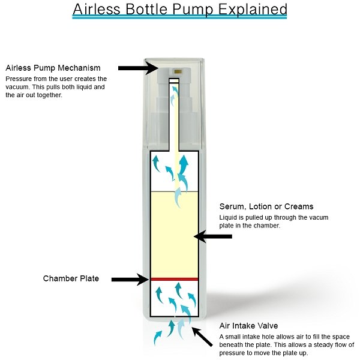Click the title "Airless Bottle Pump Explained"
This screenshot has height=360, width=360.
180,9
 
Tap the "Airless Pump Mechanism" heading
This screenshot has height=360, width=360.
53,68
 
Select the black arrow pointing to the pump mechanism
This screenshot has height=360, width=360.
138,68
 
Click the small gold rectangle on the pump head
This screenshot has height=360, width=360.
178,71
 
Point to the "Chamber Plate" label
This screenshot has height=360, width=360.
71,278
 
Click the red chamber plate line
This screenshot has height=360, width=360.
174,279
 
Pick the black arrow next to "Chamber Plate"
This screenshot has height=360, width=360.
130,280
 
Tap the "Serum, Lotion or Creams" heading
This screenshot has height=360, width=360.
266,206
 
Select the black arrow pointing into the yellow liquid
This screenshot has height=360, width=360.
213,236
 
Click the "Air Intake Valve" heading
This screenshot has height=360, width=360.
248,326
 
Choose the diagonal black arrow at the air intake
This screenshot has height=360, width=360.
202,337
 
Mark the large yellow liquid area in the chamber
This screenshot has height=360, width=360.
174,235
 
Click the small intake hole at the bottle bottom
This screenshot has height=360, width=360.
175,317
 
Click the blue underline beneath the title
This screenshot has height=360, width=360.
180,16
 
